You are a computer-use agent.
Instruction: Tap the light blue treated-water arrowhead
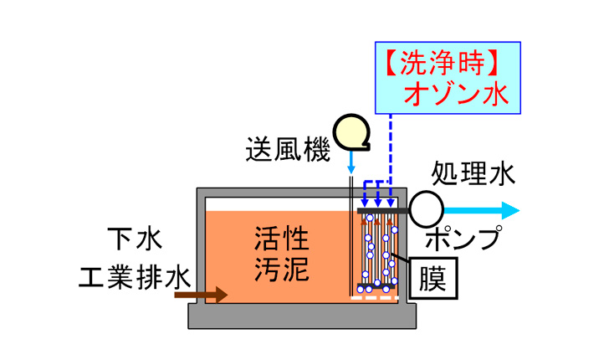509,209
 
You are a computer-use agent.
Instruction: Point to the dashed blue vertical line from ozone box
391,142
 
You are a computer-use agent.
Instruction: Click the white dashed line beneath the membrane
376,297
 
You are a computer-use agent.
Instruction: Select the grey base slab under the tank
304,316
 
